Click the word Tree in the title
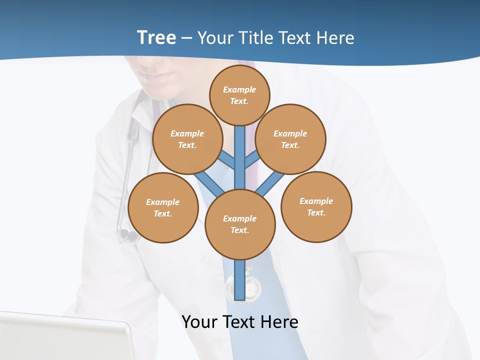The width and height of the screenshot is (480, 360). point(156,38)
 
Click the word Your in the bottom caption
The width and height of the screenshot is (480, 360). point(200,321)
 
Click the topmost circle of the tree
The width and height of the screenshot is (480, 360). point(239,95)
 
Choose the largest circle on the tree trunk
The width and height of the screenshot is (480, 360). point(240,224)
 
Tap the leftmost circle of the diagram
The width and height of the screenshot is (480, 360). point(163,208)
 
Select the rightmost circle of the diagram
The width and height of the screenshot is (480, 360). point(316,207)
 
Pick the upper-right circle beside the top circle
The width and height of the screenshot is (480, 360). point(290,139)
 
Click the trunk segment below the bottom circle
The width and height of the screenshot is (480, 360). point(240,280)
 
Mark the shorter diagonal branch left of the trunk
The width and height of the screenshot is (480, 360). point(227,160)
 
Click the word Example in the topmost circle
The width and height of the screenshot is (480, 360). point(239,89)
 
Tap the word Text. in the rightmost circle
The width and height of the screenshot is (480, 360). point(316,212)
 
